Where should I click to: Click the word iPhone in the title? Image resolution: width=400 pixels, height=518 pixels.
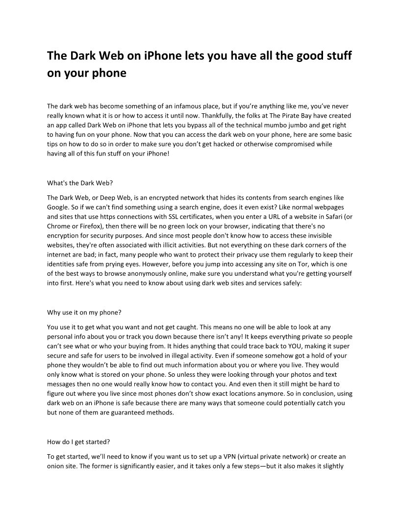coord(163,56)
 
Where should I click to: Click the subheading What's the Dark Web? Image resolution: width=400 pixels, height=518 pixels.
coord(80,183)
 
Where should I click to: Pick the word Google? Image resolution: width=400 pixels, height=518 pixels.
coord(59,207)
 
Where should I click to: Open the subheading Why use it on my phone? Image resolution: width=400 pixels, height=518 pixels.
coord(84,312)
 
